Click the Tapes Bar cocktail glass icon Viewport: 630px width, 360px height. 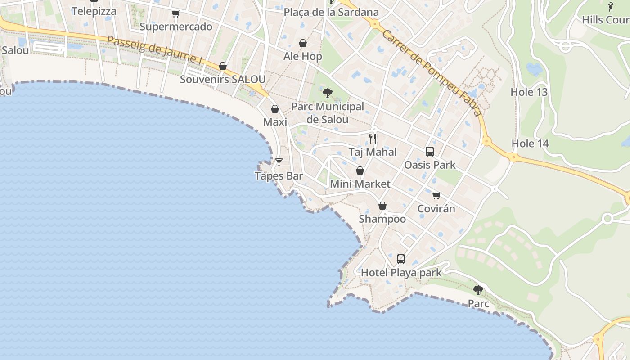click(x=279, y=162)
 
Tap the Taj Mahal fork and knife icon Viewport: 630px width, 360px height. click(x=373, y=139)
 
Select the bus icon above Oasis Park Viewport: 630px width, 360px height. click(x=430, y=152)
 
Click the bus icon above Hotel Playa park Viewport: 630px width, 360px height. click(x=401, y=259)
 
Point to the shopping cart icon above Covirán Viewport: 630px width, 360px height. click(x=436, y=195)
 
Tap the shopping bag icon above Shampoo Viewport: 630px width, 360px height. click(x=382, y=206)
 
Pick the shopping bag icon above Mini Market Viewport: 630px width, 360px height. click(x=360, y=171)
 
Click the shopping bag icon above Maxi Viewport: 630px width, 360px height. click(x=275, y=109)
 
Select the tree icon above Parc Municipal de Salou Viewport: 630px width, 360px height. click(x=328, y=93)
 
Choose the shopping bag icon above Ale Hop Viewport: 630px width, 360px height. click(x=303, y=43)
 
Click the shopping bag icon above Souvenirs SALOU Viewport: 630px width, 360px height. click(x=223, y=66)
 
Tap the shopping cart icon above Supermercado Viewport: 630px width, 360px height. click(x=175, y=13)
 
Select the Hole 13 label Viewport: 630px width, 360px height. click(x=529, y=92)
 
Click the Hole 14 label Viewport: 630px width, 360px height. click(x=530, y=144)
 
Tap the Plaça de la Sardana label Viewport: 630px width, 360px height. click(x=331, y=12)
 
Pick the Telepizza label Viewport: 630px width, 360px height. click(x=94, y=11)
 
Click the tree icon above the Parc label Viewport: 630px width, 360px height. click(x=478, y=290)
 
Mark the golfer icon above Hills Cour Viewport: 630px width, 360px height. click(x=610, y=7)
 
